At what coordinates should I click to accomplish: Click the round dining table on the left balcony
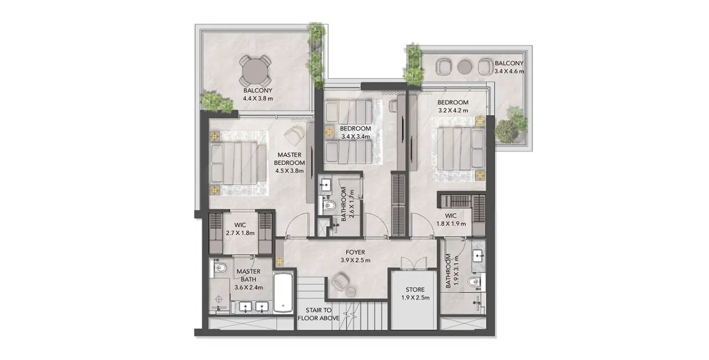click(255, 71)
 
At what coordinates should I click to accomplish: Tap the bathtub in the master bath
click(283, 292)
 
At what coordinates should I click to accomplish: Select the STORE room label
click(415, 290)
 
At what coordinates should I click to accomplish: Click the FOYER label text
click(355, 252)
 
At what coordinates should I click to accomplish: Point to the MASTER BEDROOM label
click(289, 159)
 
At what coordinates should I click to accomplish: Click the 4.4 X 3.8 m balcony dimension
click(258, 99)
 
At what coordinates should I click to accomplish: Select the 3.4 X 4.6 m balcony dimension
click(509, 71)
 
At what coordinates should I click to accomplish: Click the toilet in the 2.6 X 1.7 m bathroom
click(328, 205)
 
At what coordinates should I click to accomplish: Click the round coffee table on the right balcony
click(464, 67)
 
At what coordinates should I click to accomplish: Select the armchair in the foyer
click(340, 281)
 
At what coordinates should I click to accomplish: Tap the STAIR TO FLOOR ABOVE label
click(318, 314)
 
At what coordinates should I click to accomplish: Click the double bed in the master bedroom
click(239, 163)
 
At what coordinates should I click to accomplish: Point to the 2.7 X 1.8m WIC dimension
click(240, 233)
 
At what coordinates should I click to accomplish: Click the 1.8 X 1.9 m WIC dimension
click(451, 224)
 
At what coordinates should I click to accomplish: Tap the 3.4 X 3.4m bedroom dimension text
click(356, 137)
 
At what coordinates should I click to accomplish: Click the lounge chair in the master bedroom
click(295, 136)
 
